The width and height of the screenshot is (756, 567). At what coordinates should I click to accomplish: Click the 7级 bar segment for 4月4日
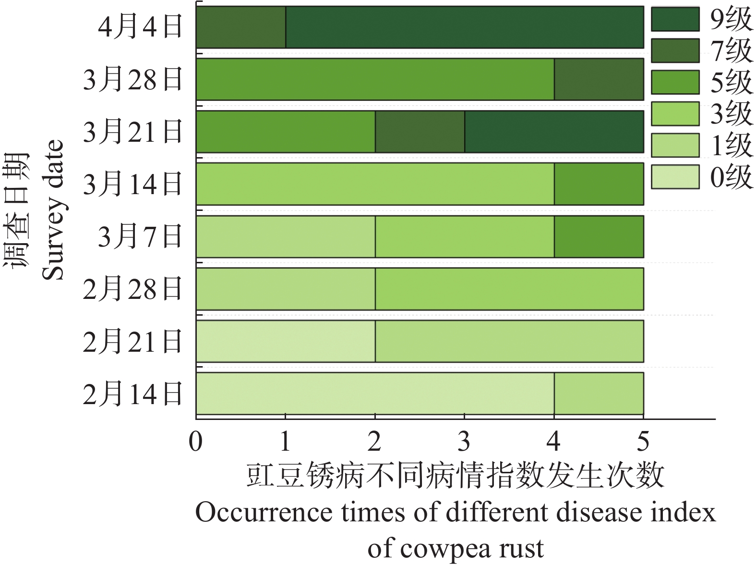pyautogui.click(x=240, y=27)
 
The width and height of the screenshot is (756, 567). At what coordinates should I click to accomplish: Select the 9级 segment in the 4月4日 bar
pyautogui.click(x=464, y=27)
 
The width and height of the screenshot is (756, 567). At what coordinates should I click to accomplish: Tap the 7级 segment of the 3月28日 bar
pyautogui.click(x=599, y=79)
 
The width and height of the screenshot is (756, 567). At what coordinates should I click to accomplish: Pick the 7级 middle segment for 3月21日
pyautogui.click(x=420, y=132)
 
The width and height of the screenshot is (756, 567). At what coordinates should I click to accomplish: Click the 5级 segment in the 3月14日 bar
pyautogui.click(x=599, y=184)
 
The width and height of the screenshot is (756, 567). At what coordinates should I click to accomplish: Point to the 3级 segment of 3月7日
pyautogui.click(x=464, y=236)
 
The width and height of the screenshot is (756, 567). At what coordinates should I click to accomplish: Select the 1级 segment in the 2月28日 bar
pyautogui.click(x=286, y=289)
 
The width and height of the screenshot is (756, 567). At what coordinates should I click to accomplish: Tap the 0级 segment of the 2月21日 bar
pyautogui.click(x=286, y=341)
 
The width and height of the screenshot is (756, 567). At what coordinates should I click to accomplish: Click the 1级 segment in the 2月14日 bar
pyautogui.click(x=599, y=394)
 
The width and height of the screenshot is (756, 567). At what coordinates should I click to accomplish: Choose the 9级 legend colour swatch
pyautogui.click(x=675, y=19)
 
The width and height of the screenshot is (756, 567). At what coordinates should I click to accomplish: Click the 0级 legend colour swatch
pyautogui.click(x=675, y=177)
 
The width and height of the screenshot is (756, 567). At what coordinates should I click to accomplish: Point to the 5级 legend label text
pyautogui.click(x=731, y=82)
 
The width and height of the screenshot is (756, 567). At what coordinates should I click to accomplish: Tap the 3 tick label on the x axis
pyautogui.click(x=464, y=441)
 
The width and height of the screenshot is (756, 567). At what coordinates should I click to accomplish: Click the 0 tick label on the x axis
pyautogui.click(x=196, y=441)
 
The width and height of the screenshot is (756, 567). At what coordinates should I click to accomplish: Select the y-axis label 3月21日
pyautogui.click(x=133, y=132)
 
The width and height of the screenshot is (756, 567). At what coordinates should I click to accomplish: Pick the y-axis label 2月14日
pyautogui.click(x=133, y=394)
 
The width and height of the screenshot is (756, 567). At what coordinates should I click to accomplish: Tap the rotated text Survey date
pyautogui.click(x=53, y=210)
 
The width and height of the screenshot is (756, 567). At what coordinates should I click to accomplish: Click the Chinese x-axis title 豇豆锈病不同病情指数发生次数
pyautogui.click(x=455, y=476)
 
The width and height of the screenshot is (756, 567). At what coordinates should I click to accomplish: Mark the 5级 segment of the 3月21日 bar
pyautogui.click(x=286, y=132)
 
